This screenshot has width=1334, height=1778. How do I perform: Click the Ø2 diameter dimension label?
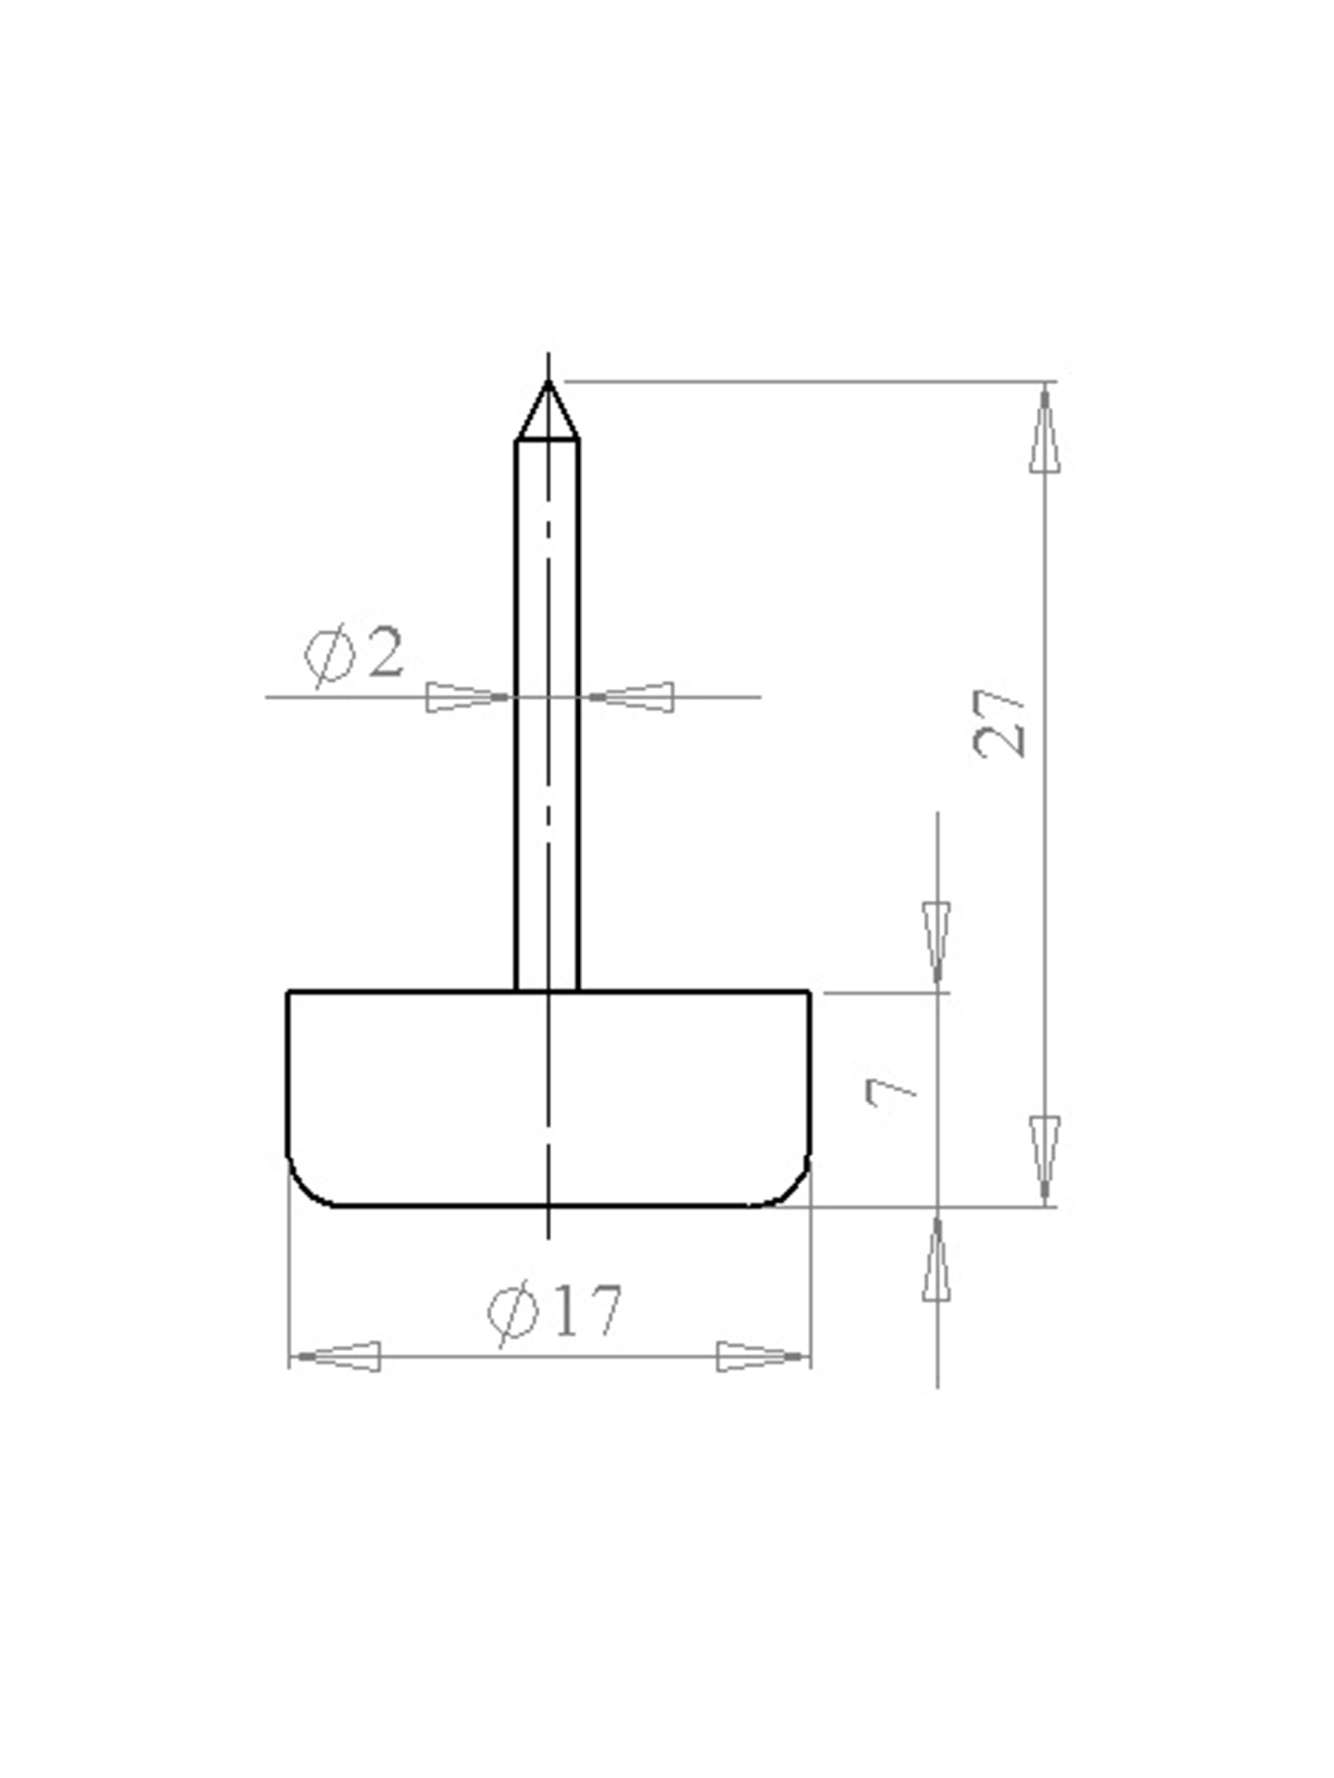[354, 656]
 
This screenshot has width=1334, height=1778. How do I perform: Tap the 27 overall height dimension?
[1000, 723]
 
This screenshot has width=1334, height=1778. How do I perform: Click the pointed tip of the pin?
[548, 381]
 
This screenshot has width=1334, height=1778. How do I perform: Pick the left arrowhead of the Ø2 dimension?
[468, 696]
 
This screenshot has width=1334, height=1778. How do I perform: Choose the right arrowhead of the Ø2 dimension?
[632, 696]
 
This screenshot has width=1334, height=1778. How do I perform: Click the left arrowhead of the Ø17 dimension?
[334, 1357]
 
